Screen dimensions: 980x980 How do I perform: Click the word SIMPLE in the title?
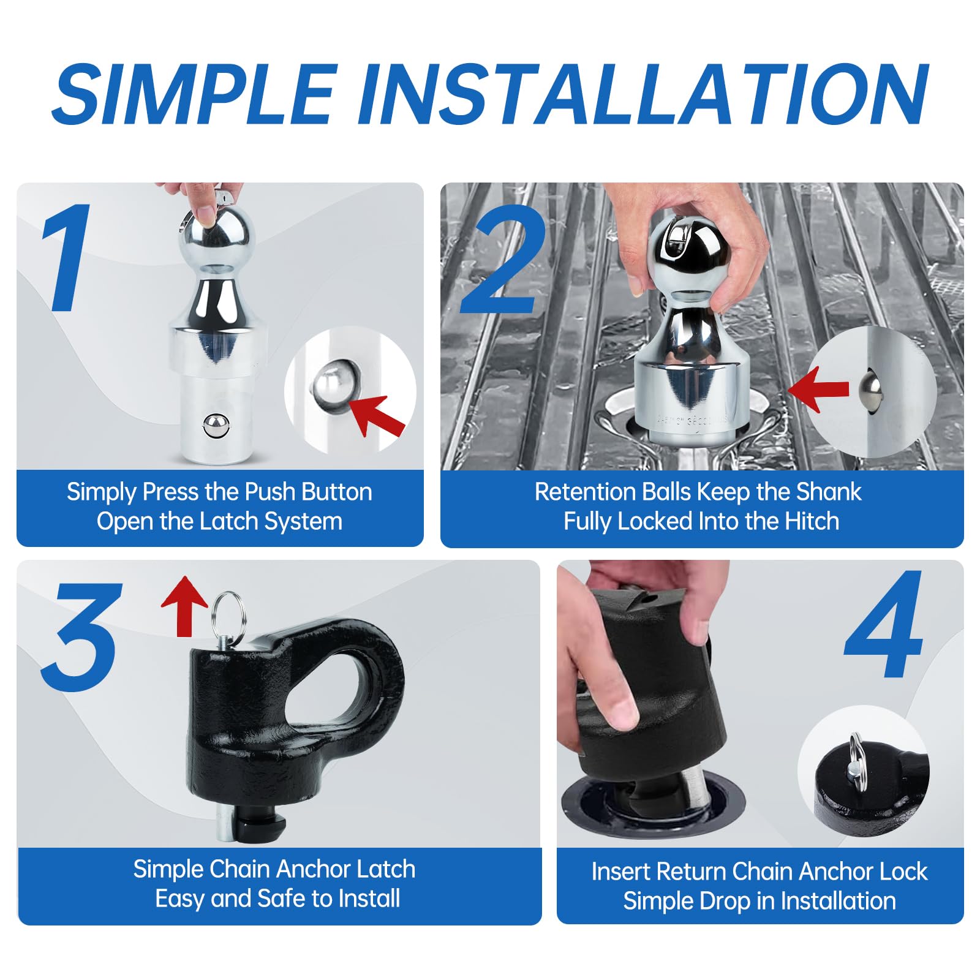click(x=195, y=93)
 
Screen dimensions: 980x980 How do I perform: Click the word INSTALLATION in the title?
click(x=643, y=93)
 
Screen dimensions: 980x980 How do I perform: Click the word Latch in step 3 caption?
click(x=386, y=869)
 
